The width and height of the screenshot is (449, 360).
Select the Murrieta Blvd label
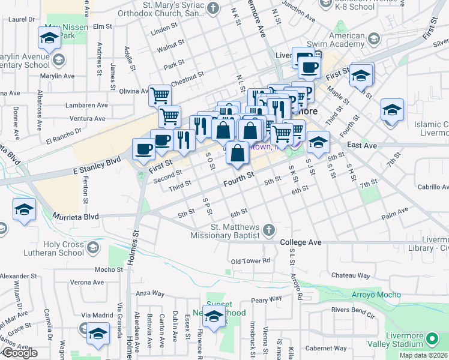click(x=75, y=215)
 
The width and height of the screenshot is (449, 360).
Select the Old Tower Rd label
click(x=251, y=261)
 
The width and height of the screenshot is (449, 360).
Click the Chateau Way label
click(x=349, y=275)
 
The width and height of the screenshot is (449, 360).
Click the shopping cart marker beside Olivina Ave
click(x=160, y=95)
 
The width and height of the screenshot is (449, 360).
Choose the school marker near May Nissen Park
click(x=49, y=39)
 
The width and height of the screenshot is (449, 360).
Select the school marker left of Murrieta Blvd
click(x=25, y=210)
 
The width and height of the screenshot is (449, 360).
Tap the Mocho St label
click(x=109, y=269)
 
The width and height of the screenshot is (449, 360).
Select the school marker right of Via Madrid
click(x=98, y=335)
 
